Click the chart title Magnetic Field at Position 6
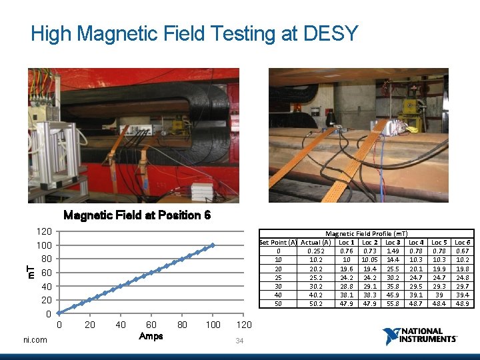pyautogui.click(x=137, y=215)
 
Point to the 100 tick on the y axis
pyautogui.click(x=44, y=245)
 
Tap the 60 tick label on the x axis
pyautogui.click(x=151, y=325)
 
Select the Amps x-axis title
pyautogui.click(x=151, y=336)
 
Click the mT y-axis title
pyautogui.click(x=31, y=272)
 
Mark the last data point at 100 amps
pyautogui.click(x=213, y=245)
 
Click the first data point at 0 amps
pyautogui.click(x=59, y=313)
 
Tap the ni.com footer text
pyautogui.click(x=35, y=340)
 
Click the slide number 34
pyautogui.click(x=240, y=341)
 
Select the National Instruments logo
pyautogui.click(x=420, y=335)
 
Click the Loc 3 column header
pyautogui.click(x=393, y=242)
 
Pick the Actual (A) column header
pyautogui.click(x=316, y=242)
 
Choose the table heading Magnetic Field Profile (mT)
pyautogui.click(x=366, y=234)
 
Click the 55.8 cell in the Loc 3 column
pyautogui.click(x=393, y=303)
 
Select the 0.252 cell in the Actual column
pyautogui.click(x=316, y=251)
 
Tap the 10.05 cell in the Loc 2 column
pyautogui.click(x=370, y=260)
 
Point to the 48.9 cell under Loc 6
pyautogui.click(x=462, y=303)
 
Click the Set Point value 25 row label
pyautogui.click(x=279, y=277)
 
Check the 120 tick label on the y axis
pyautogui.click(x=44, y=231)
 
